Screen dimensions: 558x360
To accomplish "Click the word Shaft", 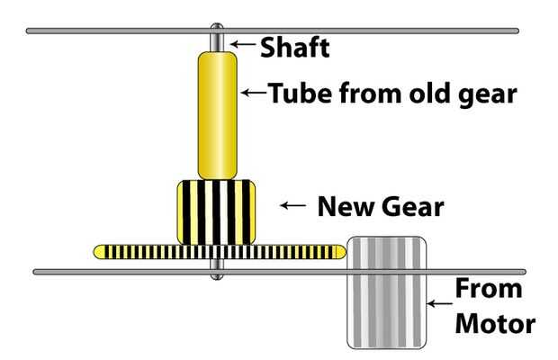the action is coord(294,47).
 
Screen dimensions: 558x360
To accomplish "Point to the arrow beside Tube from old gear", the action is coord(252,91).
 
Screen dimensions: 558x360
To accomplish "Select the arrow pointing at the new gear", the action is coord(294,205).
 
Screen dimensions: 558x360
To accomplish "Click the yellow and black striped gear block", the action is coord(217,212).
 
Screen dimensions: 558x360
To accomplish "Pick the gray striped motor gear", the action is coord(387,292).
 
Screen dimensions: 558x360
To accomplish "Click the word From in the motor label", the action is coord(487,290).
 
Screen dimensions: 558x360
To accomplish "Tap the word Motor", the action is coord(494,323).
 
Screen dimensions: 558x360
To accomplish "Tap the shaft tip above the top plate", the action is coord(217,25).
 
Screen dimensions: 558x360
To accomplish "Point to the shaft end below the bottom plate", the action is coord(217,276).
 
